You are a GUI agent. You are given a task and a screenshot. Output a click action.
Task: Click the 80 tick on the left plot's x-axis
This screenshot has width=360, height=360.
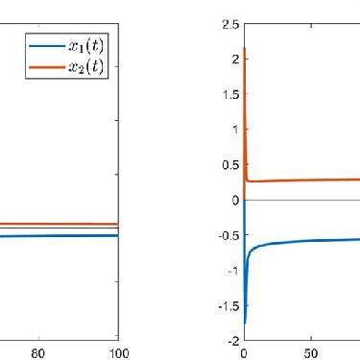pos(39,352)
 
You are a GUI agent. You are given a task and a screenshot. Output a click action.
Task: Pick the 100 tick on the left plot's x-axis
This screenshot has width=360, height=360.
pos(116,352)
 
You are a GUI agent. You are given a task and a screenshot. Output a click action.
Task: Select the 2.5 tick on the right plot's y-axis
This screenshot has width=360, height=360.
pos(229,24)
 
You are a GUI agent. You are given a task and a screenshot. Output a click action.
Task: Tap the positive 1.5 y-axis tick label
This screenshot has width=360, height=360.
pos(229,94)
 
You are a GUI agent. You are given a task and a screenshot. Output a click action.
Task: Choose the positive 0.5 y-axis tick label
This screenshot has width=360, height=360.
pos(229,165)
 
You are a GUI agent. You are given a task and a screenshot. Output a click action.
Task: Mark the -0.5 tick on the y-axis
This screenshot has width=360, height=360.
pos(228,235)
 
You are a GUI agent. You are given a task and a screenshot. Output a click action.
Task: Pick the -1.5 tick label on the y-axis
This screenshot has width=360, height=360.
pos(228,305)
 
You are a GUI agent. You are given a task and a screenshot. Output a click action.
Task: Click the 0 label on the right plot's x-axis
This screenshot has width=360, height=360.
pos(245,352)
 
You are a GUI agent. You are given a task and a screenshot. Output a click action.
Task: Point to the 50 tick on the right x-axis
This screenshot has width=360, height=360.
pos(310,352)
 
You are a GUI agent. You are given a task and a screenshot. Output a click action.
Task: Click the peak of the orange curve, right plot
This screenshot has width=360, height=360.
pos(246,48)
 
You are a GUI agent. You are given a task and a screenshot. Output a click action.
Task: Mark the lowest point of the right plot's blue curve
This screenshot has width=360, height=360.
pos(246,323)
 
